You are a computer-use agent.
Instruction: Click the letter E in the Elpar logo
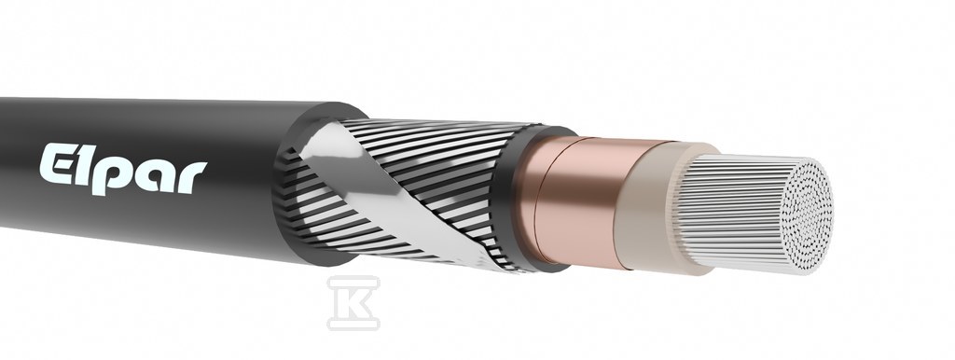(x=58, y=163)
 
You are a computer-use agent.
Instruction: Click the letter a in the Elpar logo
(x=154, y=174)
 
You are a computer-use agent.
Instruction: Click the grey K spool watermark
(x=353, y=303)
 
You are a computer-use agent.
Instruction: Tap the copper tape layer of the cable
(x=578, y=201)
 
